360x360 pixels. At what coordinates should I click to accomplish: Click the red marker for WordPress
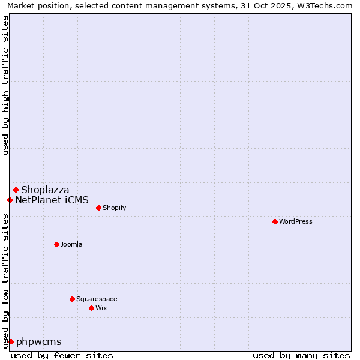(x=275, y=221)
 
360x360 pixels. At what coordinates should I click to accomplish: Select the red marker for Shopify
(x=98, y=208)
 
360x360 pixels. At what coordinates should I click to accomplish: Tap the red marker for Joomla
(x=56, y=244)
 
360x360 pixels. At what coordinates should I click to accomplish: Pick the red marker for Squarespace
(x=72, y=299)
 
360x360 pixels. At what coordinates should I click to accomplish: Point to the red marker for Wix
(x=91, y=308)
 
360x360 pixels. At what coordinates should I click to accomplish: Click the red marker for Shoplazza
(x=16, y=190)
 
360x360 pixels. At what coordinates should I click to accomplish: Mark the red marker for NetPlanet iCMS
(x=10, y=200)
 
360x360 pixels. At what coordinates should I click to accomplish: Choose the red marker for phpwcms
(x=11, y=341)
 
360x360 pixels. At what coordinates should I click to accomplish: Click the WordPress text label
(x=296, y=221)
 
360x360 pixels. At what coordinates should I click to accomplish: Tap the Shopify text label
(x=114, y=208)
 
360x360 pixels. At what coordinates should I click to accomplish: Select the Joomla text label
(x=71, y=244)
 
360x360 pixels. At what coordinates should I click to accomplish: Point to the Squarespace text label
(x=97, y=299)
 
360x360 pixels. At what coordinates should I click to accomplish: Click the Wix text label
(x=101, y=308)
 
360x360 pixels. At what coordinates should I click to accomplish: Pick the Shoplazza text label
(x=45, y=190)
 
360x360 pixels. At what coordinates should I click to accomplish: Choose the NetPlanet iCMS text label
(x=52, y=200)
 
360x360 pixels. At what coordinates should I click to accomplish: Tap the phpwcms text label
(x=39, y=341)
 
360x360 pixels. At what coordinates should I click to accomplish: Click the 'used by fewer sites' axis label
(x=62, y=355)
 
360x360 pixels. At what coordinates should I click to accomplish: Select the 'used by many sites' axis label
(x=301, y=355)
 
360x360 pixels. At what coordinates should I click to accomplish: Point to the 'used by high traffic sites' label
(x=5, y=85)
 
